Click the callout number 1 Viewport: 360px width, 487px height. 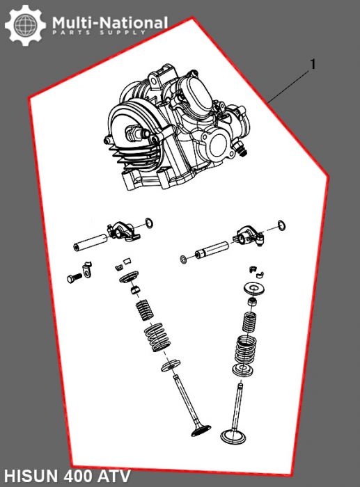coord(313,65)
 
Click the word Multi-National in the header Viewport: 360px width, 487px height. coord(109,23)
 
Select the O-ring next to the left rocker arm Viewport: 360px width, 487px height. coord(148,223)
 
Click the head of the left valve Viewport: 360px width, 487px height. coord(198,431)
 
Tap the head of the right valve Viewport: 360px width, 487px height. coord(232,437)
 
